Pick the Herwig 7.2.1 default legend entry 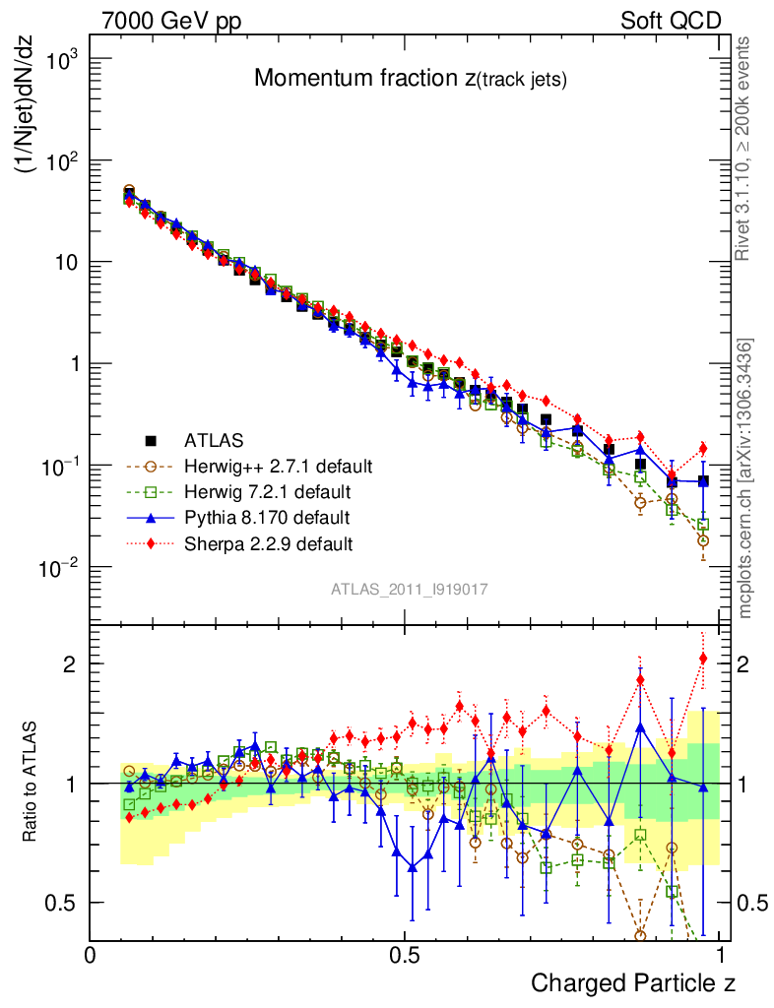[x=268, y=491]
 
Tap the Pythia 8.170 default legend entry [x=266, y=517]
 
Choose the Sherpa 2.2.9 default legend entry [x=268, y=542]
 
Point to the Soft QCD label [x=671, y=21]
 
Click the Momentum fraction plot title [x=410, y=80]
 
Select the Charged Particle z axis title [x=633, y=982]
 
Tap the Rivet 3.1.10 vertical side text [x=745, y=148]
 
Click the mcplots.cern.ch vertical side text [x=745, y=478]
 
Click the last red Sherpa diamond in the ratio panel [x=703, y=659]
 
